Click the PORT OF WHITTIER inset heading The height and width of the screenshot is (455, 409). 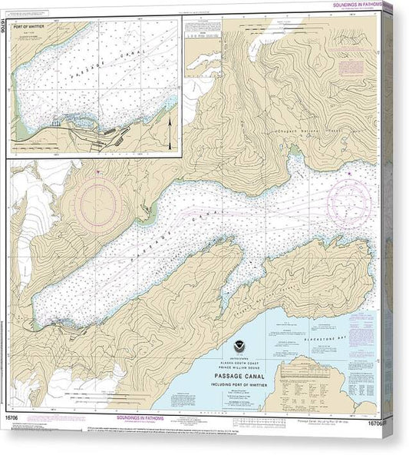pyautogui.click(x=28, y=29)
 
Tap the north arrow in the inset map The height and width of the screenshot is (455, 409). pyautogui.click(x=169, y=132)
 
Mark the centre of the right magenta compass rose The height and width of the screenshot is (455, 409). pyautogui.click(x=349, y=201)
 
